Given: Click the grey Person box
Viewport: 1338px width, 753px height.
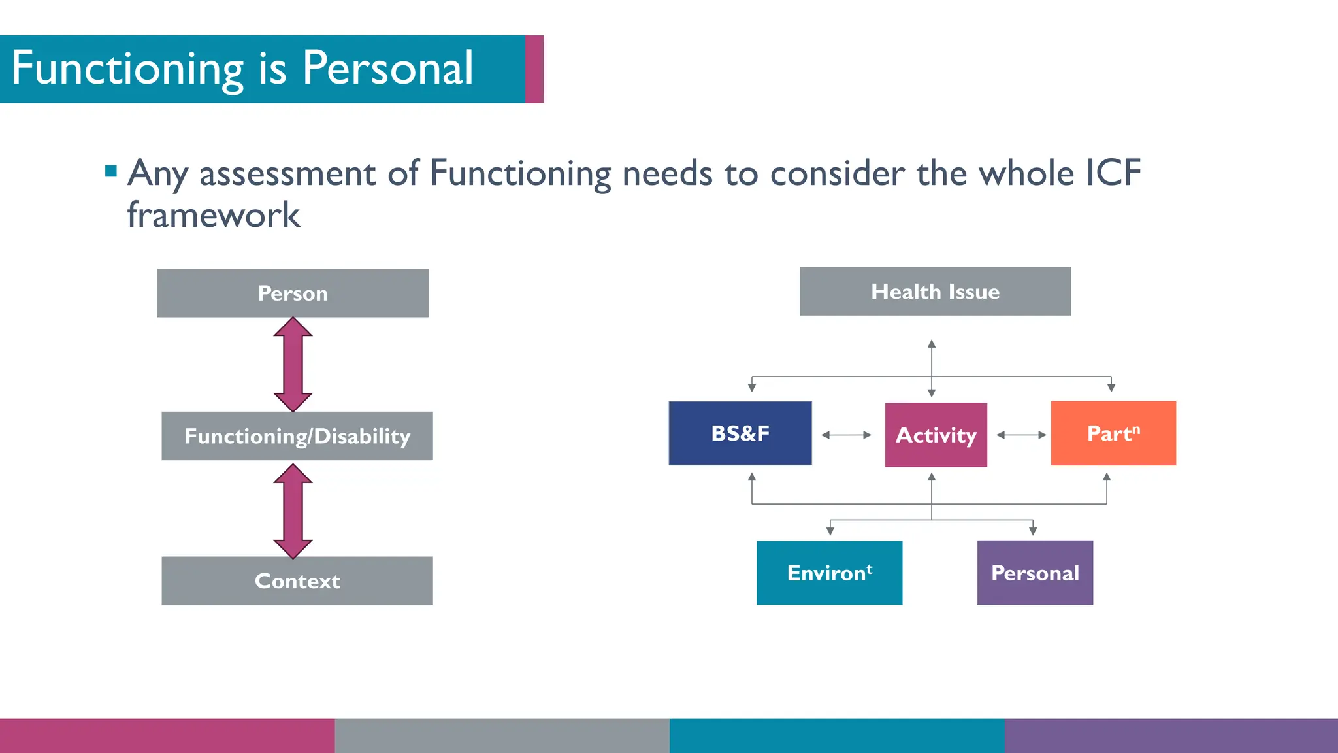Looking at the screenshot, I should (x=293, y=293).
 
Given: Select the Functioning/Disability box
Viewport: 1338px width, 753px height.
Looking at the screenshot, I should (x=297, y=436).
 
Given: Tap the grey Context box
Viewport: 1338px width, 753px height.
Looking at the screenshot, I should (x=297, y=580).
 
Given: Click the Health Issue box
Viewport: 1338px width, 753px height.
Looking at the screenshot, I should (x=935, y=292).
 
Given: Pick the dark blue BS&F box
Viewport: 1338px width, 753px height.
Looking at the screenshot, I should (x=740, y=433).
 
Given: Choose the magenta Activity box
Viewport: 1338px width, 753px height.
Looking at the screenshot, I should (x=936, y=435).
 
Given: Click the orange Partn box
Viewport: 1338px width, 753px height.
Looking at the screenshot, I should (x=1113, y=433).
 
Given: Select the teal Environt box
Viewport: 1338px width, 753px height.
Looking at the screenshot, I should (x=829, y=573).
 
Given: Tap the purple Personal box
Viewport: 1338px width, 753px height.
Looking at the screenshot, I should (x=1035, y=573).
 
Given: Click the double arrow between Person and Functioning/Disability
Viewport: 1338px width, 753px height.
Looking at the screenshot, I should (x=293, y=365).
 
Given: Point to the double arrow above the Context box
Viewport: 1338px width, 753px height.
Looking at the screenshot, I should (x=293, y=511).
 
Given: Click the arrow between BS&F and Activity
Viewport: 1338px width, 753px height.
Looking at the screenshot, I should (x=846, y=435).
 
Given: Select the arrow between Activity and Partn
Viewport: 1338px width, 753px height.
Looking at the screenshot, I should (x=1021, y=435).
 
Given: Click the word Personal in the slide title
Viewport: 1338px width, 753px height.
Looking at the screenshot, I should (x=387, y=68).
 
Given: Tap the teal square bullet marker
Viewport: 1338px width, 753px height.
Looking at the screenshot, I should (x=111, y=172).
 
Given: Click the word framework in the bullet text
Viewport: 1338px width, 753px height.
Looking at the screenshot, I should (x=214, y=215).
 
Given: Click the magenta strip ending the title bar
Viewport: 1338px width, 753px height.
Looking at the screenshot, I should (x=534, y=69).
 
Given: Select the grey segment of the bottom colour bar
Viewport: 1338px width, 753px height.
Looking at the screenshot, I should (x=502, y=736).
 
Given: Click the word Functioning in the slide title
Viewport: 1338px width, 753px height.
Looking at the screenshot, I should (x=127, y=68).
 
